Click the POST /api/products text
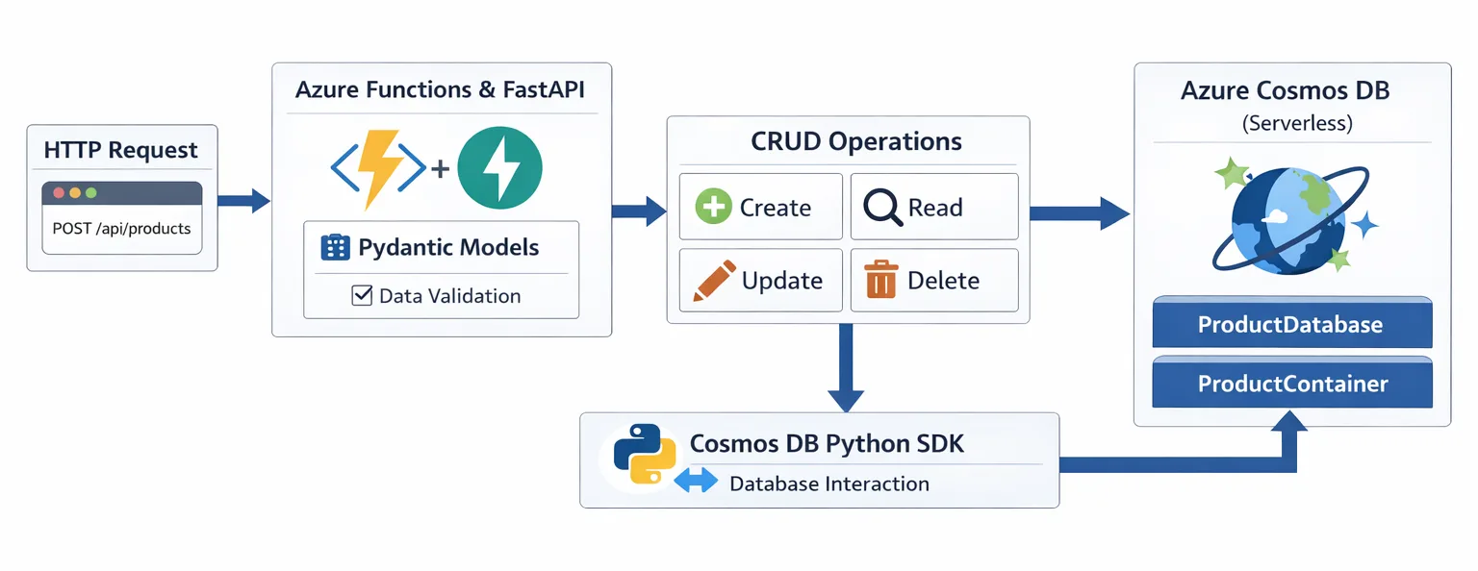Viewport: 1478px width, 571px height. [121, 229]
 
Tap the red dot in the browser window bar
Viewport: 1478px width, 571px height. [60, 192]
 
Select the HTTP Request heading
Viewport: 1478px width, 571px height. [121, 150]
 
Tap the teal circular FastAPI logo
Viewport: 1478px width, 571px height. [499, 168]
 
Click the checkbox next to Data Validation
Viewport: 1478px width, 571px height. [362, 295]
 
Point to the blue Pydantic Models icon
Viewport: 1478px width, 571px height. [334, 247]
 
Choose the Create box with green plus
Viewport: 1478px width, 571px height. [760, 207]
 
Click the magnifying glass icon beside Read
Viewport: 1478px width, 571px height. [881, 207]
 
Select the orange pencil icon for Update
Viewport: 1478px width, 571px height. [714, 280]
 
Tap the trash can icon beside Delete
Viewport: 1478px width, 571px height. [880, 280]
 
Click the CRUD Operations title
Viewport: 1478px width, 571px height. [855, 142]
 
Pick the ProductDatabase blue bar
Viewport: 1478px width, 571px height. [1291, 325]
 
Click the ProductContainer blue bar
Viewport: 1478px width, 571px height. [1291, 385]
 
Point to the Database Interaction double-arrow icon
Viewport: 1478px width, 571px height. [696, 483]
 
